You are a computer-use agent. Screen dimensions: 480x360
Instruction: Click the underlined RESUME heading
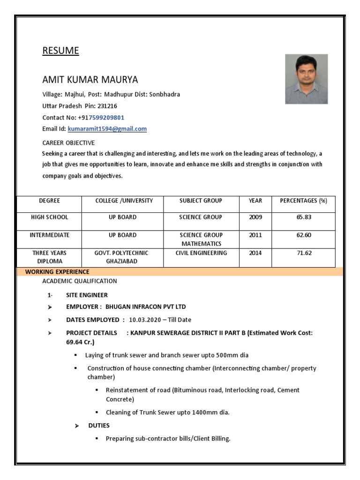pos(60,51)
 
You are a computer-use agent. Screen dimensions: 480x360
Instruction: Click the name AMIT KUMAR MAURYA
pos(90,79)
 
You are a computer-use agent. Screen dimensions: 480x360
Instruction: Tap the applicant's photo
pos(306,79)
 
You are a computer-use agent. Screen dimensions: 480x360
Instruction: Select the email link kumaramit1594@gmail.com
pos(107,129)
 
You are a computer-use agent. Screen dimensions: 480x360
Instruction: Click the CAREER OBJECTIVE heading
pos(68,142)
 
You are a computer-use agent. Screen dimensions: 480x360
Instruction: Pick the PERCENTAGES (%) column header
pos(303,201)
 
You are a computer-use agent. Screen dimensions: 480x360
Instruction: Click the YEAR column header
pos(255,201)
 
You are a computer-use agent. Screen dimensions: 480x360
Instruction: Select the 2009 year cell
pos(255,217)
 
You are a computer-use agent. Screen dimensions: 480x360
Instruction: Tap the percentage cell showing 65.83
pos(303,217)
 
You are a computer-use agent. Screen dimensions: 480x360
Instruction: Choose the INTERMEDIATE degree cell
pos(49,235)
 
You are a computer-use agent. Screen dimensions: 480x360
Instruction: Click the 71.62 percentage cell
pos(303,253)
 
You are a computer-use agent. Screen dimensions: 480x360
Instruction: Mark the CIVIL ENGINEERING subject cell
pos(201,253)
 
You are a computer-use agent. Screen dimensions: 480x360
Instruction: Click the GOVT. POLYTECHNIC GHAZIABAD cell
pos(121,257)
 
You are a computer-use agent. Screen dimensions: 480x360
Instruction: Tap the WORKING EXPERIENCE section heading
pos(57,272)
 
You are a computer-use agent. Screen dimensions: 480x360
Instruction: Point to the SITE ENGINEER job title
pos(87,295)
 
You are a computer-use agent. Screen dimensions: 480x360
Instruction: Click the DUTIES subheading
pos(99,426)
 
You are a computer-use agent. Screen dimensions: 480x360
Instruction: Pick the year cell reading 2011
pos(255,235)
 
